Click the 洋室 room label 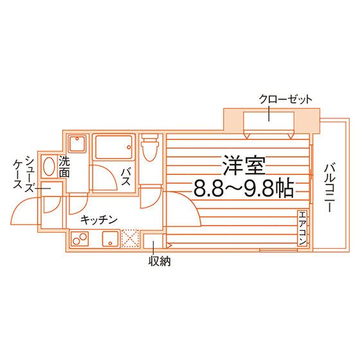pos(244,166)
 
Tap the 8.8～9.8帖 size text pos(244,188)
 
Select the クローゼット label pos(285,100)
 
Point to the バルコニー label pos(329,187)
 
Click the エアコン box pos(302,228)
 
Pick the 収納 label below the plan pos(159,261)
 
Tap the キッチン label pos(99,220)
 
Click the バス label pos(126,177)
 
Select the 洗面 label pos(64,166)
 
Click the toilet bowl pos(150,148)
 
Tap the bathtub pos(114,147)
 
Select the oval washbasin pos(49,166)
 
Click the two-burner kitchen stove pos(80,239)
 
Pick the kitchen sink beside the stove pos(111,239)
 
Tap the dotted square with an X pos(130,239)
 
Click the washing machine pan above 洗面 pos(77,143)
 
